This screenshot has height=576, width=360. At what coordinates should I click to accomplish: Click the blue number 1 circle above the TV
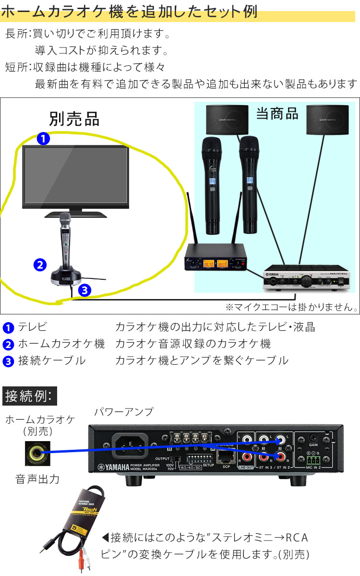click(43, 139)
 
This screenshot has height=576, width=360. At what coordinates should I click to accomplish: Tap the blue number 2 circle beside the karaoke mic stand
click(40, 264)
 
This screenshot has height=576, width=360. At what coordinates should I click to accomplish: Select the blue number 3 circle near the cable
click(84, 290)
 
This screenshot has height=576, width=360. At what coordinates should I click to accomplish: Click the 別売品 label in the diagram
click(74, 118)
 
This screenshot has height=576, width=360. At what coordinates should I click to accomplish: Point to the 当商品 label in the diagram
click(277, 113)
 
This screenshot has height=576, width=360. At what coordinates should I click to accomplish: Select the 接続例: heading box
click(30, 396)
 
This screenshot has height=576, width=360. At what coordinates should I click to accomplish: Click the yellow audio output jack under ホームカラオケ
click(36, 452)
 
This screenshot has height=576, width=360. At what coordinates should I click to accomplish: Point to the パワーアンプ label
click(124, 411)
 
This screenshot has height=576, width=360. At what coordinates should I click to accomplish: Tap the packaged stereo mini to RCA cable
click(82, 523)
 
